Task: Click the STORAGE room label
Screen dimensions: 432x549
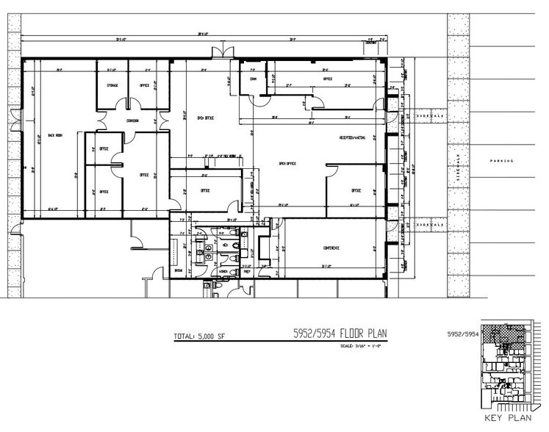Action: (x=112, y=85)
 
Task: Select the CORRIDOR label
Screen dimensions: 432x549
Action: (x=132, y=120)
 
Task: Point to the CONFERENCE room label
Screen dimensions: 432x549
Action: (x=331, y=248)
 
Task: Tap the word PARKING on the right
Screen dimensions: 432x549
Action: (x=503, y=160)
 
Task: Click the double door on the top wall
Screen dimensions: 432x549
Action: (x=218, y=52)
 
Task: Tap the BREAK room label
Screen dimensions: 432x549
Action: (x=178, y=271)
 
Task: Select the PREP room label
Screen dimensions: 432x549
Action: (x=247, y=271)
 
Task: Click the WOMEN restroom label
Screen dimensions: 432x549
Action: (x=223, y=271)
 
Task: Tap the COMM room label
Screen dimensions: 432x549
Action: (x=253, y=79)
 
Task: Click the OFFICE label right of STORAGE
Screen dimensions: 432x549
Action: (x=145, y=85)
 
